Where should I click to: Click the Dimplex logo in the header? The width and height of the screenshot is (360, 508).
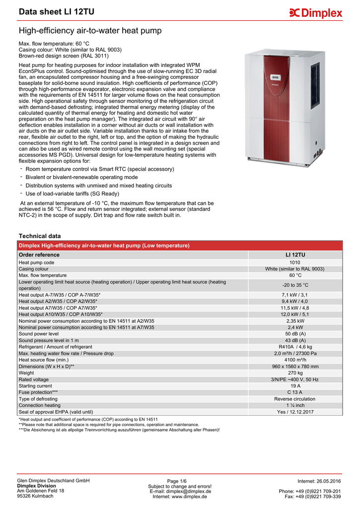coord(315,13)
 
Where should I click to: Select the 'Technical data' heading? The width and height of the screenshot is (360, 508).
coord(39,236)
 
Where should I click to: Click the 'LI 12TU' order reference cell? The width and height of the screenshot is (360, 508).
coord(295,254)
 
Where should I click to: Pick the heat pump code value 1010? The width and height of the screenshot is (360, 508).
coord(295,262)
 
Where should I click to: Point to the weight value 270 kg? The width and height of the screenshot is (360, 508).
coord(295,373)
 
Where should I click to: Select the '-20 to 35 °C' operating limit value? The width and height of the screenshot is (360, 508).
coord(295,285)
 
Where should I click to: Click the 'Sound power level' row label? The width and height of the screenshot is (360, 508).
coord(39,334)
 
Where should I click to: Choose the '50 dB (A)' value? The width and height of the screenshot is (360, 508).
coord(295,334)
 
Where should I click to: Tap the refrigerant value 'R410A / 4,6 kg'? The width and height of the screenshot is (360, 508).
coord(295,347)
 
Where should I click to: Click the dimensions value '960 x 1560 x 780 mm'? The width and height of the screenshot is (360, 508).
coord(295,366)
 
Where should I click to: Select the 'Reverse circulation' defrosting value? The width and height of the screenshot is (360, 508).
coord(295,399)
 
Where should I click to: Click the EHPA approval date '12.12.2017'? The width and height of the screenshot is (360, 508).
coord(301,412)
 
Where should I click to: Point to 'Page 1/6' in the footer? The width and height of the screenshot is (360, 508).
coord(177,481)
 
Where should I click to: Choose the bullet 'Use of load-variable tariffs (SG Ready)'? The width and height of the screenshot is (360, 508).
coord(75,193)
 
